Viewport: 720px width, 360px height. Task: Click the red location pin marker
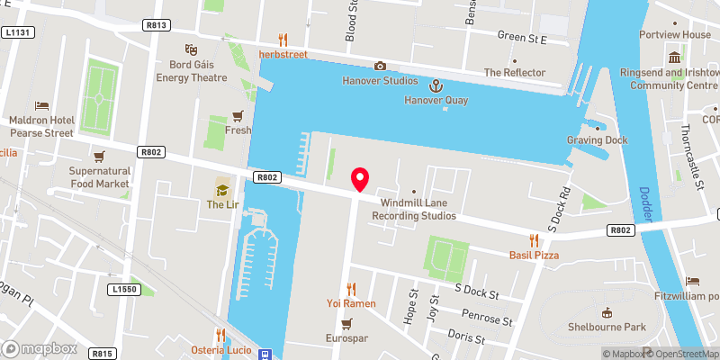(360, 179)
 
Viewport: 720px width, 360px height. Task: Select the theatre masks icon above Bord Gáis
(190, 49)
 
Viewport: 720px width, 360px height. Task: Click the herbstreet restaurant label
(283, 55)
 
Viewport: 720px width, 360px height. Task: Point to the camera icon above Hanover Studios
(380, 66)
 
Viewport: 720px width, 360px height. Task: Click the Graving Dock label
(597, 140)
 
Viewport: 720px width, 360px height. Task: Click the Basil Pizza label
(534, 256)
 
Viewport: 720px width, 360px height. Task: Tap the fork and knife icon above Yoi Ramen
(351, 288)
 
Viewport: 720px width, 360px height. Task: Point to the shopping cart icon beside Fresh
(238, 115)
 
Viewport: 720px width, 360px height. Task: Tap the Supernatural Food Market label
(101, 176)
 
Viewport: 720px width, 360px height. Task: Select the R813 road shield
(156, 25)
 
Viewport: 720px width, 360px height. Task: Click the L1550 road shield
(125, 289)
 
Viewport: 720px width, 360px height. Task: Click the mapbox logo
(40, 347)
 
